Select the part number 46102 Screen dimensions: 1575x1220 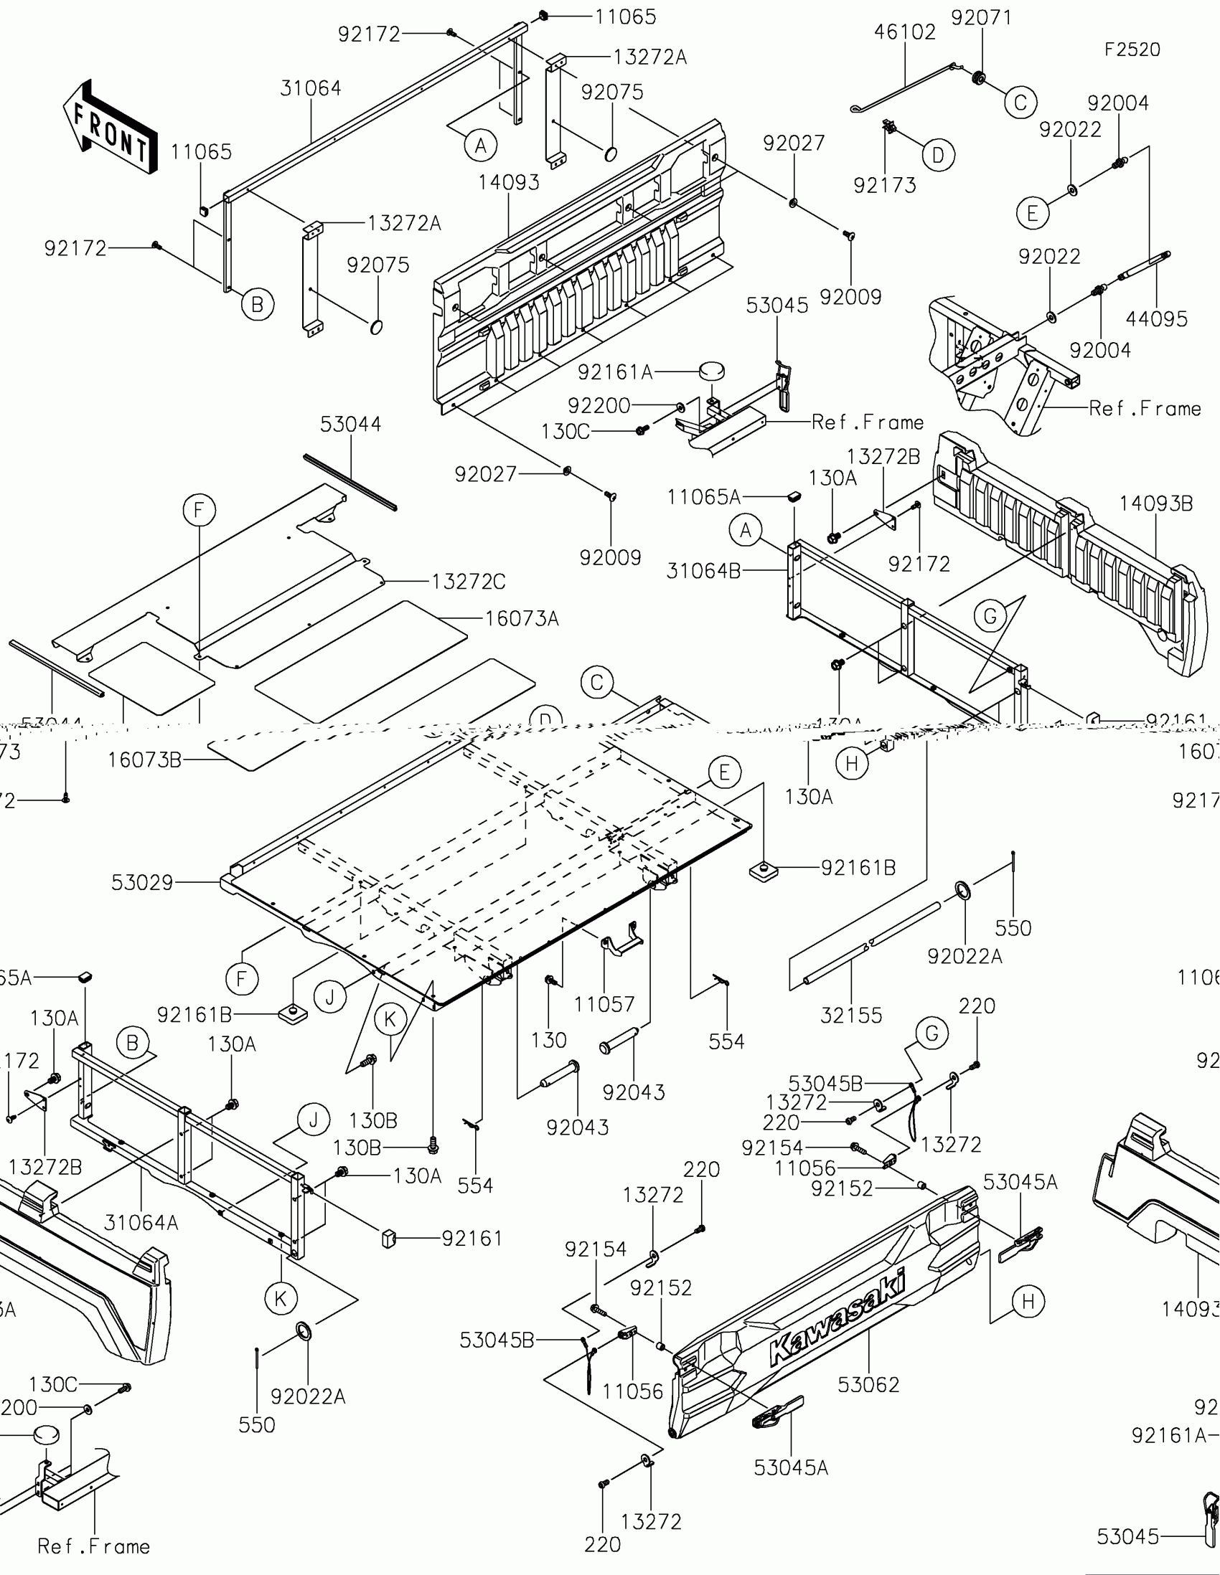coord(905,32)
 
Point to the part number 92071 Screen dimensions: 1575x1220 coord(981,18)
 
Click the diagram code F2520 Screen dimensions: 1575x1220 coord(1132,49)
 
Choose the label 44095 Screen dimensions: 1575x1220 coord(1157,318)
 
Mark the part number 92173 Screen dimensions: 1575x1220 coord(885,186)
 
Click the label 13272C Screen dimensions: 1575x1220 coord(468,581)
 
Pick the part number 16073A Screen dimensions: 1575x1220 coord(522,619)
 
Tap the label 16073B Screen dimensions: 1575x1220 coord(144,760)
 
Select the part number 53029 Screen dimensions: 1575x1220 coord(142,883)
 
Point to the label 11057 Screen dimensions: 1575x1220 coord(604,1004)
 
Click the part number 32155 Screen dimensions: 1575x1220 coord(851,1016)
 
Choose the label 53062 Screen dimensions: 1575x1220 coord(868,1385)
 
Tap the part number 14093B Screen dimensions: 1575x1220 coord(1156,504)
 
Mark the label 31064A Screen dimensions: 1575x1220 coord(141,1222)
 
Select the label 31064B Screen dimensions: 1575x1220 coord(703,571)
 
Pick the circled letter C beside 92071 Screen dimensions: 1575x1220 coord(1020,103)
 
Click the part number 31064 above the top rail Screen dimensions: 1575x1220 coord(310,89)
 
